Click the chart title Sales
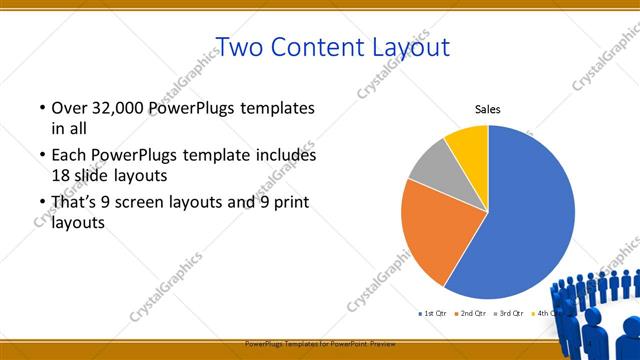tap(487, 109)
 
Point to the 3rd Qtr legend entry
tap(509, 314)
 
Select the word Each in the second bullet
tap(69, 156)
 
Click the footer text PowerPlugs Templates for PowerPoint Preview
tap(320, 342)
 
